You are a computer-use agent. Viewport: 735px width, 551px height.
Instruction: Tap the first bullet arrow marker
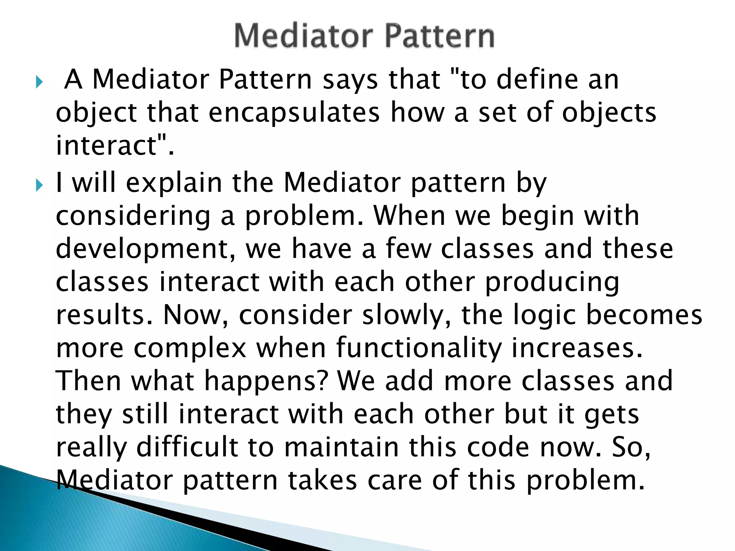coord(39,83)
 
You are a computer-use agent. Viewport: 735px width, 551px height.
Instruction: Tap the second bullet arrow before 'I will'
coord(39,185)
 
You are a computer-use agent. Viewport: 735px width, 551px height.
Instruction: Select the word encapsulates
coord(294,112)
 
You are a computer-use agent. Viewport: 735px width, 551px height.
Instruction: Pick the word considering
coord(133,216)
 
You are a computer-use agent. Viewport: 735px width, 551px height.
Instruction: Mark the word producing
coord(552,282)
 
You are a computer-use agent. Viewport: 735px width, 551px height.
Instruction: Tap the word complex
coord(190,348)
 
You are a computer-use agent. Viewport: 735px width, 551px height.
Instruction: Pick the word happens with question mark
coord(266,381)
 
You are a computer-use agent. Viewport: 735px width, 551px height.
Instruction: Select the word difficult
coord(187,447)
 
